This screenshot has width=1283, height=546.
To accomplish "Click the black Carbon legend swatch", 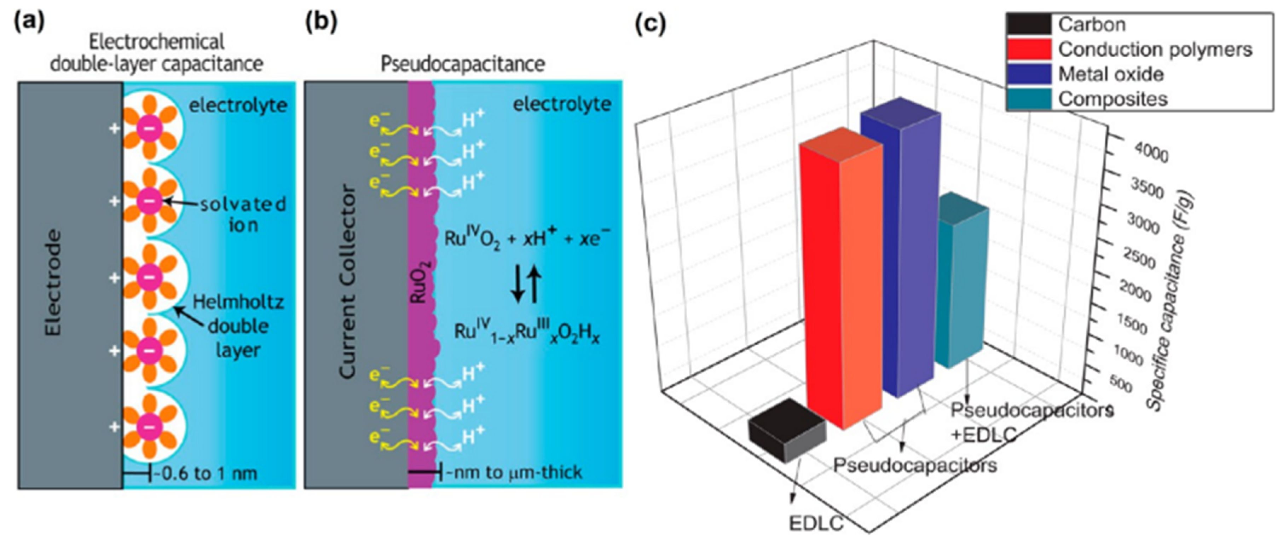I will [x=1029, y=24].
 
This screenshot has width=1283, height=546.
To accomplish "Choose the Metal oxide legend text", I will [x=1111, y=74].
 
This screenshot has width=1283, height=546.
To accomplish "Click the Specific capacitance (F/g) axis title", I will [x=1171, y=304].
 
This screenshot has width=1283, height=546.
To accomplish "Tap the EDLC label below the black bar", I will [x=816, y=523].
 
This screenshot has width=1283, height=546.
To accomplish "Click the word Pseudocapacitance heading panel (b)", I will [x=462, y=64].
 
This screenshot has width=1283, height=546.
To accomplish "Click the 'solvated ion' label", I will [x=243, y=214].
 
